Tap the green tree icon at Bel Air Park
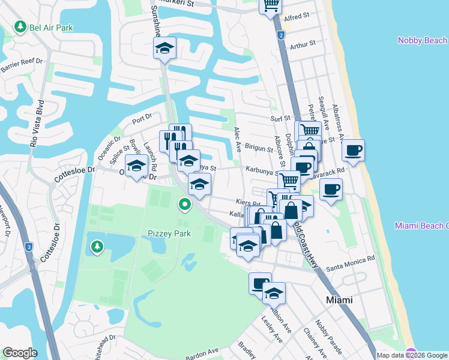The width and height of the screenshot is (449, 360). click(x=20, y=27)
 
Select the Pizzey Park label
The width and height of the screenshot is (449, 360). click(x=169, y=233)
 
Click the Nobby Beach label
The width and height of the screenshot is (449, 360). click(x=423, y=40)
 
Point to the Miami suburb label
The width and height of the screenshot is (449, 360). click(x=339, y=299)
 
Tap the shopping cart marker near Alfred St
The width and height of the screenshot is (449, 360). click(x=271, y=5)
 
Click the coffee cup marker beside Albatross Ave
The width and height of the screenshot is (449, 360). click(x=353, y=150)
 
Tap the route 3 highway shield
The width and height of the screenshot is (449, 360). click(x=28, y=247)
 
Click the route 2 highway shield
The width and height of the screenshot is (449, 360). click(x=280, y=36)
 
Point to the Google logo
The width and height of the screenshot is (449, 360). click(x=20, y=353)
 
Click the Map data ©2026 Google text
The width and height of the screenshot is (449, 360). click(x=412, y=355)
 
